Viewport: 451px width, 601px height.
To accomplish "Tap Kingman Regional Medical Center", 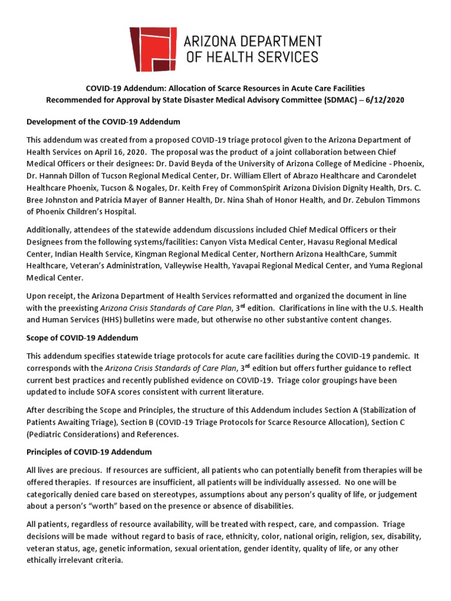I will click(191, 254).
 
